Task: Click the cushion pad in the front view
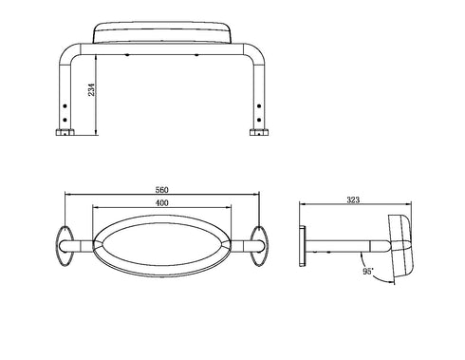click(162, 34)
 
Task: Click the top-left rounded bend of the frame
click(71, 53)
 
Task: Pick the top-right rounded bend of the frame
click(255, 53)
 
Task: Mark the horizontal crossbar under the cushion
click(162, 49)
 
